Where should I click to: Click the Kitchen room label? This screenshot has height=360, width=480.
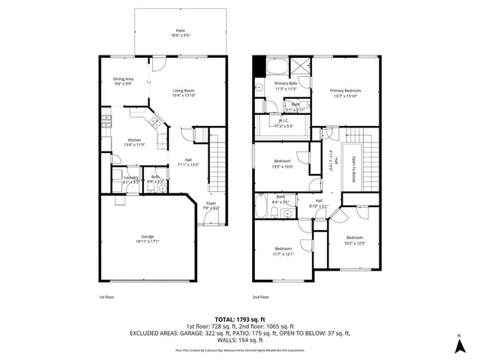(133, 141)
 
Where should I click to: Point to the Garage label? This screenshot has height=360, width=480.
(147, 238)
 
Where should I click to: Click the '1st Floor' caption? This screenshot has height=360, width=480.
(106, 297)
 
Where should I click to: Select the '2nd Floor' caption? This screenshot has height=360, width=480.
(260, 297)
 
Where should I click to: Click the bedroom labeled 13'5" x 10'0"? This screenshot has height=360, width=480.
(283, 163)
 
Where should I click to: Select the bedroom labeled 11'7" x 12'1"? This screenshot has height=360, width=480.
(283, 250)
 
